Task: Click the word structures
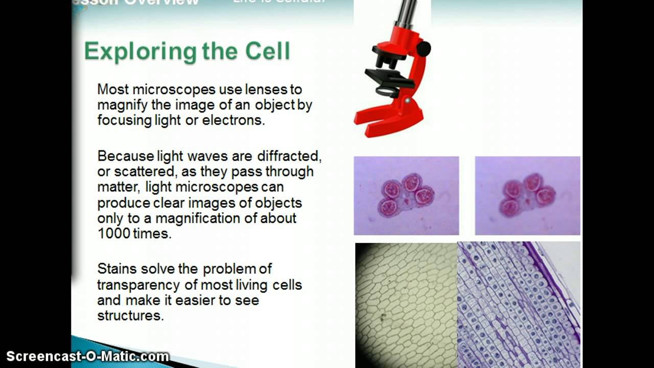click(x=130, y=315)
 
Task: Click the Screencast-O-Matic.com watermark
click(x=87, y=356)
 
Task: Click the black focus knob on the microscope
click(x=423, y=49)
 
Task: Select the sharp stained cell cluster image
click(x=406, y=196)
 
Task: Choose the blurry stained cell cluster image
click(x=527, y=196)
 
